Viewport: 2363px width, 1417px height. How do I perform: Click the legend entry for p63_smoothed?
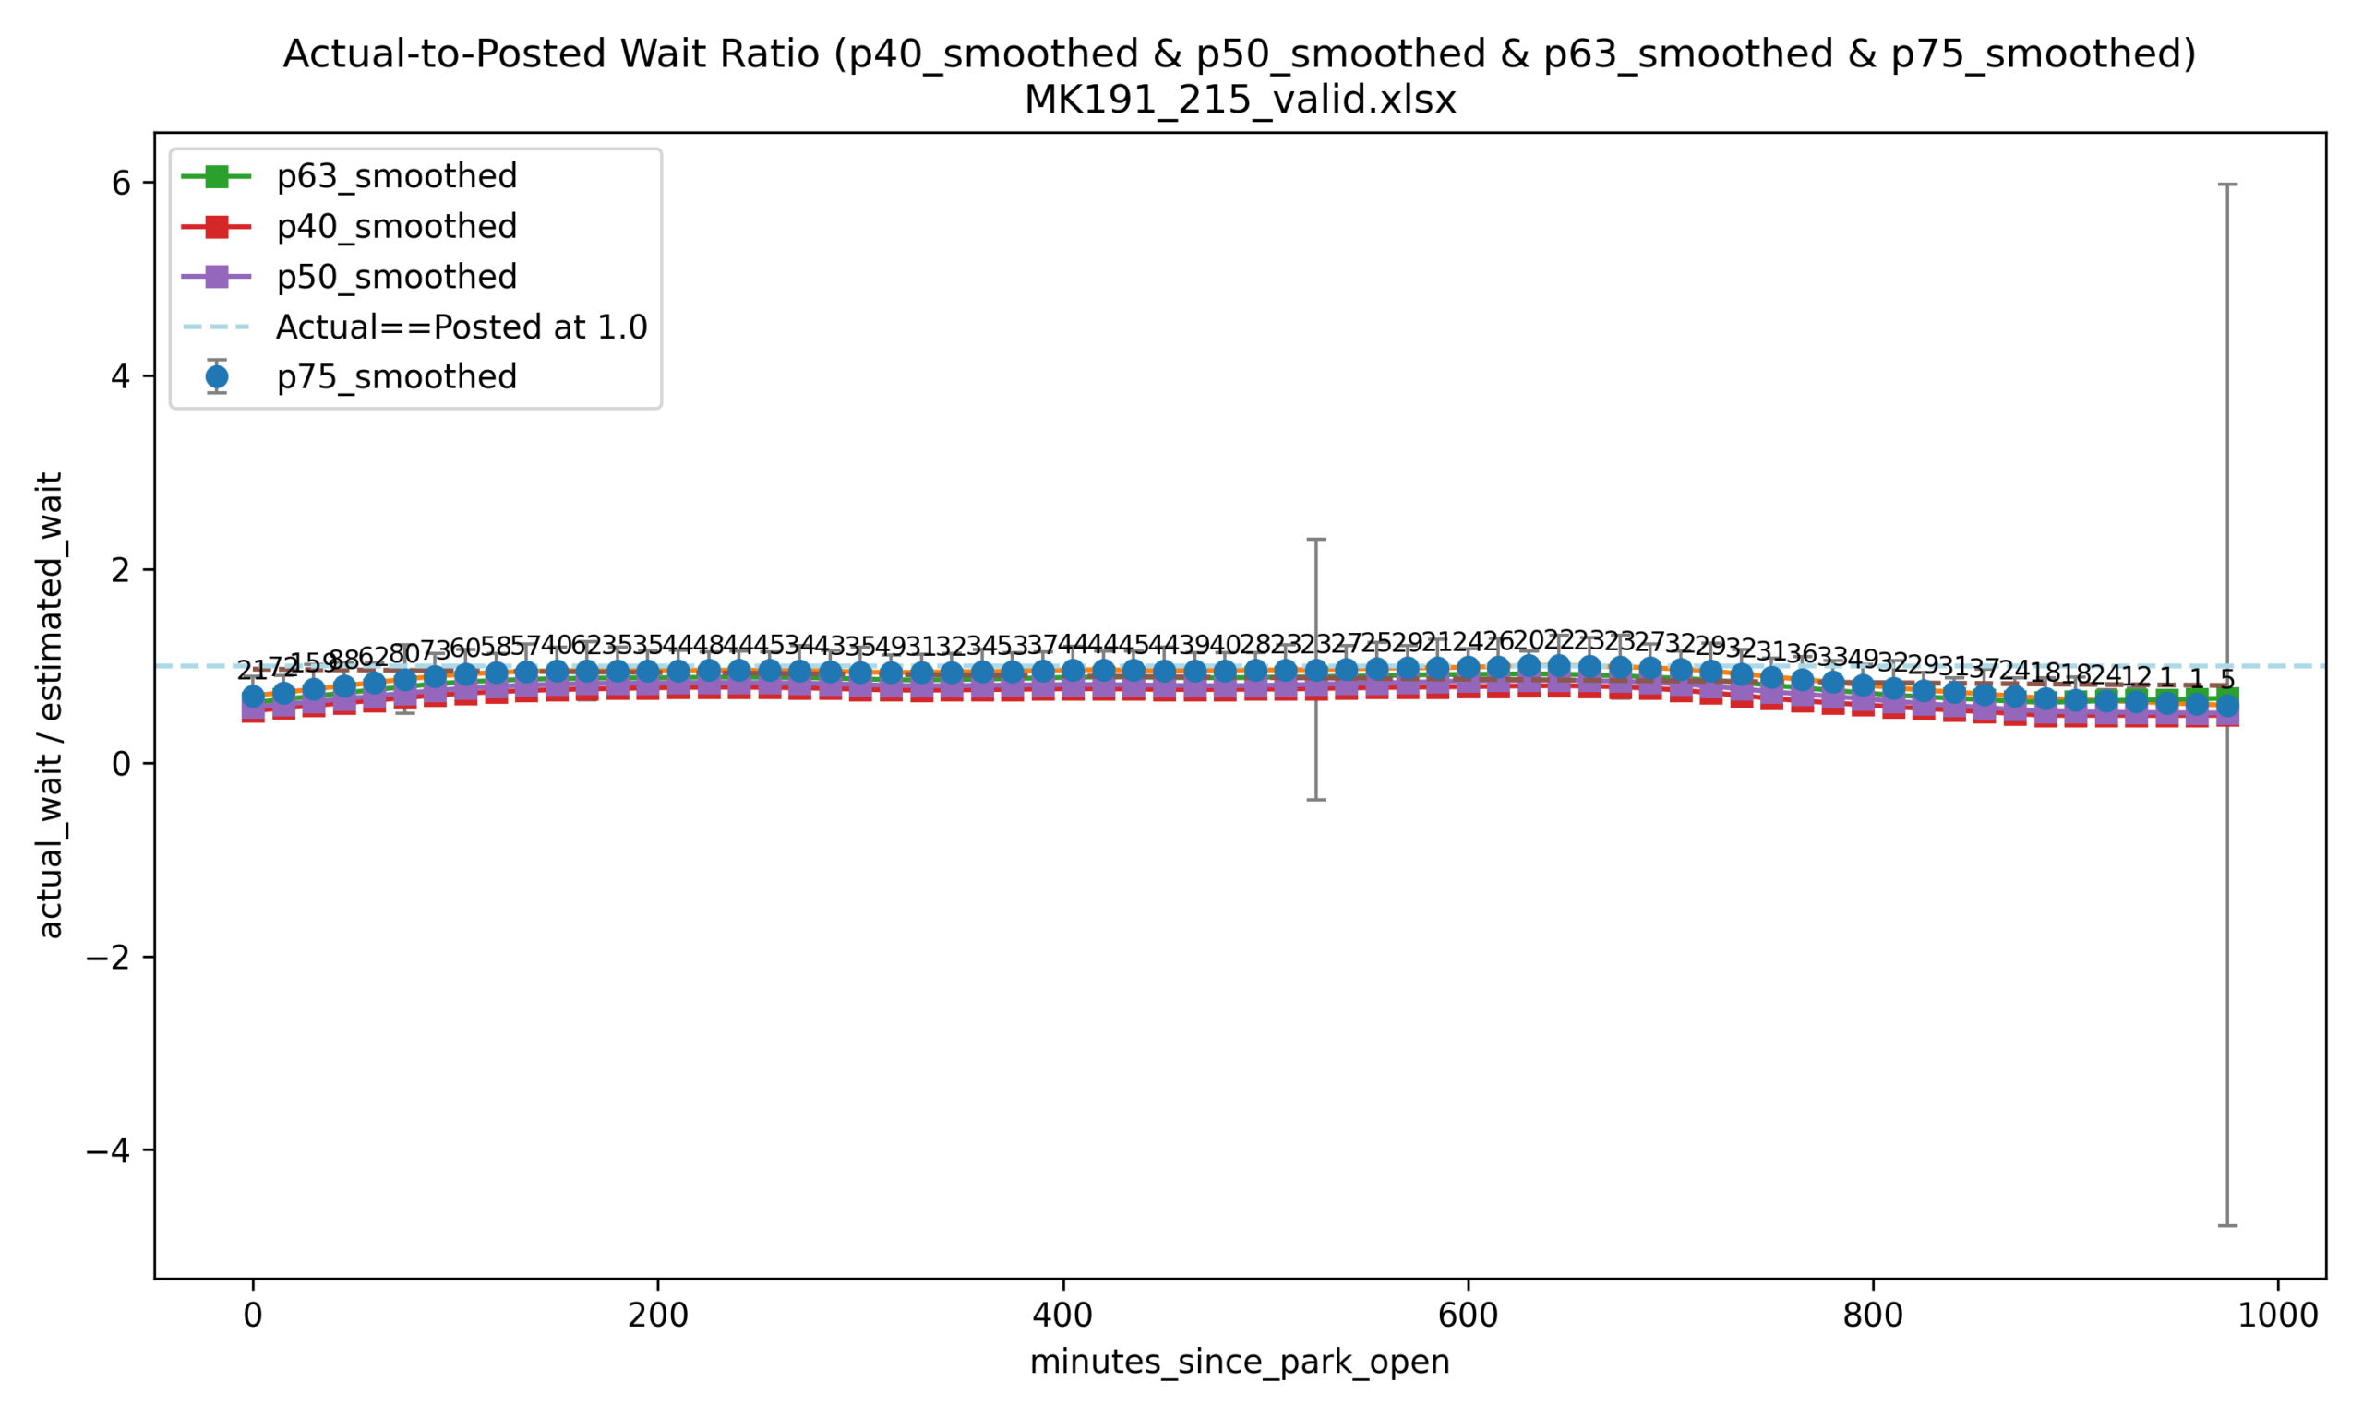click(x=395, y=176)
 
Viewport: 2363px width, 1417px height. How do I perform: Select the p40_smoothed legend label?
click(x=395, y=227)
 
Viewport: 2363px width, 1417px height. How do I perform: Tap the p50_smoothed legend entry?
click(x=395, y=277)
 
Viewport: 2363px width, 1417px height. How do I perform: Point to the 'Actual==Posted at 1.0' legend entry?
click(x=461, y=327)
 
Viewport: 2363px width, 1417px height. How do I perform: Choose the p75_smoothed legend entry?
click(x=395, y=377)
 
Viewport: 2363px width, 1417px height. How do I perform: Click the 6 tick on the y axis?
click(x=121, y=183)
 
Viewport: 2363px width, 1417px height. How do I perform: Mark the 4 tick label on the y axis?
click(x=121, y=376)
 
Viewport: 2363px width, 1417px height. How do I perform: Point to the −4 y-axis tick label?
click(x=108, y=1150)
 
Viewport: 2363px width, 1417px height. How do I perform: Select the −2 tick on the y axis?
click(x=108, y=958)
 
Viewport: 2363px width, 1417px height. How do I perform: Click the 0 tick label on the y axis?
click(x=121, y=764)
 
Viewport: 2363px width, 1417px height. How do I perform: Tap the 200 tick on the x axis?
click(x=657, y=1316)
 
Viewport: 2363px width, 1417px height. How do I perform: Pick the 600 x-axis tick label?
click(x=1467, y=1316)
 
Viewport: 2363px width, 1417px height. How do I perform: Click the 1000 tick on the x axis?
click(x=2277, y=1316)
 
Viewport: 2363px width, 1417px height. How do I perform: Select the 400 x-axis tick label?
click(x=1062, y=1316)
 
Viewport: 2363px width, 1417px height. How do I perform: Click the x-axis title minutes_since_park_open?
click(x=1239, y=1362)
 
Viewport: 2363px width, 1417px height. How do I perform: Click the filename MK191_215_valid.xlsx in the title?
click(x=1239, y=101)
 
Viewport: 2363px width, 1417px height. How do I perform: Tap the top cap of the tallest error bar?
click(x=2226, y=185)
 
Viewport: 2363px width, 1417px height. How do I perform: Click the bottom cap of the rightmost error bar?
click(x=2226, y=1225)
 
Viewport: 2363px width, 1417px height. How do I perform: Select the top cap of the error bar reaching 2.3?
click(x=1315, y=540)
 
